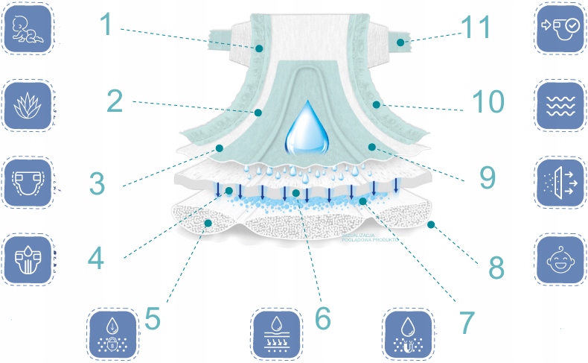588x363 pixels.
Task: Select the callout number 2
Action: tap(114, 101)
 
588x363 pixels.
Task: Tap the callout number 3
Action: tap(97, 183)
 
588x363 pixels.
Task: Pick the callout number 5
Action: tap(153, 318)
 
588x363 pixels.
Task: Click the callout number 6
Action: tap(322, 318)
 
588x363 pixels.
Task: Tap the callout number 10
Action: tap(490, 103)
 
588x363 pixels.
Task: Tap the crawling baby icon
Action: tap(28, 28)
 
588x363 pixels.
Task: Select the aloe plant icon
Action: tap(28, 106)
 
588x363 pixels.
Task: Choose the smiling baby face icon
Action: tap(560, 261)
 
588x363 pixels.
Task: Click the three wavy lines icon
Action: tap(560, 107)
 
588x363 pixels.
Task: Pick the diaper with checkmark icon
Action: tap(560, 28)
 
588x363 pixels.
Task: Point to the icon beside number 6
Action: tap(276, 333)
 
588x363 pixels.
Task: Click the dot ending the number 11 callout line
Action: tap(400, 43)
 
